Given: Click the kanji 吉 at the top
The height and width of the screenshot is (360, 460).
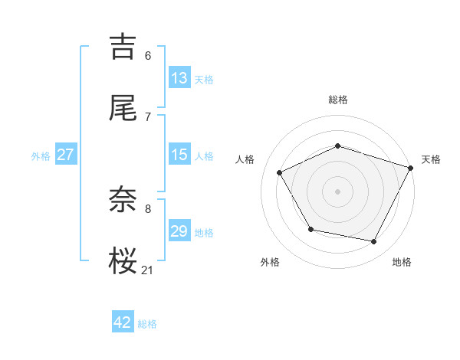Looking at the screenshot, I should (x=123, y=46).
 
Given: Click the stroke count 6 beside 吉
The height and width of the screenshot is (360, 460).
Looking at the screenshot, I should (x=148, y=56).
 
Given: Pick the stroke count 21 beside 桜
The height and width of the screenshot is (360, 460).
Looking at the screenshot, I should (x=148, y=269).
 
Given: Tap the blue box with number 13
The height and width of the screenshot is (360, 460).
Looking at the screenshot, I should (x=179, y=78).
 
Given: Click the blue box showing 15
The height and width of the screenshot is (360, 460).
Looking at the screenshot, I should (x=179, y=155).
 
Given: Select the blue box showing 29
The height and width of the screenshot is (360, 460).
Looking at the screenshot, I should (x=179, y=231).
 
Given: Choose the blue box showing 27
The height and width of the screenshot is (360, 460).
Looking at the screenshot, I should (x=66, y=155).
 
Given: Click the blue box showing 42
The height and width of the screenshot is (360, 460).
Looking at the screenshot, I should (x=123, y=322).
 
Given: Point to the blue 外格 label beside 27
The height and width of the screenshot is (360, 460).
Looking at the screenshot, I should (x=41, y=156).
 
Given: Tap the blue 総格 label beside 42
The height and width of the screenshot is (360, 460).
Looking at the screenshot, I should (x=147, y=324).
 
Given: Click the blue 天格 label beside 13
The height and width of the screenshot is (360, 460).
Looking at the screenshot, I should (x=203, y=80).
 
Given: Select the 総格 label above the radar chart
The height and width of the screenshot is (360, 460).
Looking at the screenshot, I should (x=338, y=100).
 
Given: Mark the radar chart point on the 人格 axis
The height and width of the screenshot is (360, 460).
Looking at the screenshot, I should (x=280, y=172).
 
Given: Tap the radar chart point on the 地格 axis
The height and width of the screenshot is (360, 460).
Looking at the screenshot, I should (x=374, y=242).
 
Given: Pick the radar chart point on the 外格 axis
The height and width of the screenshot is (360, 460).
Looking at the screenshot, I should (x=310, y=229).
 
